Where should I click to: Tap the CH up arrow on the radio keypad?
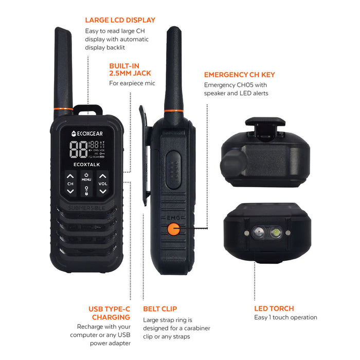(x=70, y=176)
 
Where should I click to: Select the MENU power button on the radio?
(x=86, y=177)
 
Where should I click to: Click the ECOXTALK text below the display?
(x=86, y=165)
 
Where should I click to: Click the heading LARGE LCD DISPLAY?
(x=120, y=21)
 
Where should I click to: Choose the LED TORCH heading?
(x=274, y=309)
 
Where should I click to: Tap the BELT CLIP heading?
(x=160, y=309)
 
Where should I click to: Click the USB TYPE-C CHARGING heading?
(x=109, y=313)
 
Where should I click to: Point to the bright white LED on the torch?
(x=275, y=233)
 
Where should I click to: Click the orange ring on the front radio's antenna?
(x=64, y=109)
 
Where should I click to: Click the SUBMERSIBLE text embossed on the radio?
(x=86, y=207)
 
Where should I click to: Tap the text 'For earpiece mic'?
(x=132, y=83)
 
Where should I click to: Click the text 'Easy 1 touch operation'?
(x=285, y=317)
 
